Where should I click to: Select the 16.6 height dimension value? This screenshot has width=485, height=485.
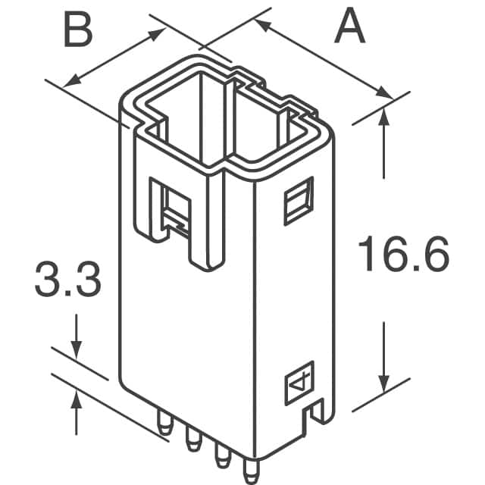click(403, 255)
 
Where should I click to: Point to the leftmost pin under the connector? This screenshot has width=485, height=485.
click(164, 425)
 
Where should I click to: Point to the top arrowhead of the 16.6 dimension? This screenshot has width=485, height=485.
click(385, 114)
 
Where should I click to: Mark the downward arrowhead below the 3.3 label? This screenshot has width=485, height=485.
click(77, 349)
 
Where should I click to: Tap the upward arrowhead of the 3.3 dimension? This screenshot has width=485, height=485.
click(77, 396)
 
